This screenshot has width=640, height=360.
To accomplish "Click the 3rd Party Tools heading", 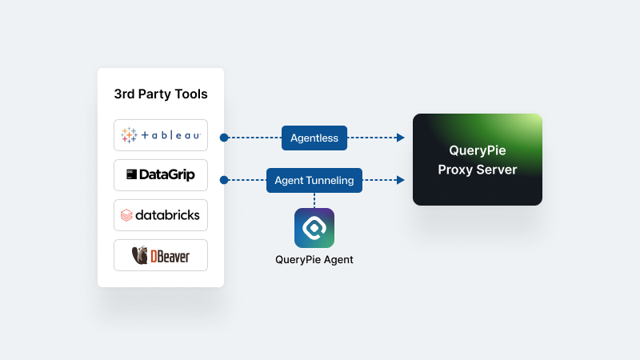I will point(161,94).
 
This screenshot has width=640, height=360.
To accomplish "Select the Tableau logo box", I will point(161,135).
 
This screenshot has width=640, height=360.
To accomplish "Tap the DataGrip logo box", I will point(161,174).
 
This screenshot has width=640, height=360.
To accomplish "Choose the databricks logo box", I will point(161,215).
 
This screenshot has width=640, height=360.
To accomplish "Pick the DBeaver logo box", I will point(161,255).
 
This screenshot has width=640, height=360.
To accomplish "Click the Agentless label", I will point(314,138).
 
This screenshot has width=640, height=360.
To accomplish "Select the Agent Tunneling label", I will point(314,180).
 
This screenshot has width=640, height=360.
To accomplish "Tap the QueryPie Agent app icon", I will point(314,228).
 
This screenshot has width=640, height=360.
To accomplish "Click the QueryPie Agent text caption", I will point(314,259).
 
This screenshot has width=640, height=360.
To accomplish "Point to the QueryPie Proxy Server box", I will point(478,159).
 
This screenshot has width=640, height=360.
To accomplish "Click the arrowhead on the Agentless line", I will point(400,138).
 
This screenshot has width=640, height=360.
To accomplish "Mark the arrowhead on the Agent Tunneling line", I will point(400,180).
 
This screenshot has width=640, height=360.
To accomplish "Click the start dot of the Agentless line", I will point(224,138).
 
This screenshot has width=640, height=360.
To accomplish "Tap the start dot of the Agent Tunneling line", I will point(224,180).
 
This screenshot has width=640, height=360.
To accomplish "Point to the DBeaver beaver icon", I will point(139,255).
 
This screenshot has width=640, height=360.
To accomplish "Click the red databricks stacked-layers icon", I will point(126,215).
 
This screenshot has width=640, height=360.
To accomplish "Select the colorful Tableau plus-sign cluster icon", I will point(129,135).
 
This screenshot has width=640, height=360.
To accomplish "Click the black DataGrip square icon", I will point(130,174).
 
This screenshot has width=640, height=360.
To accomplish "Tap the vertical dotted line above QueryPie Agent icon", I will point(314,199).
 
